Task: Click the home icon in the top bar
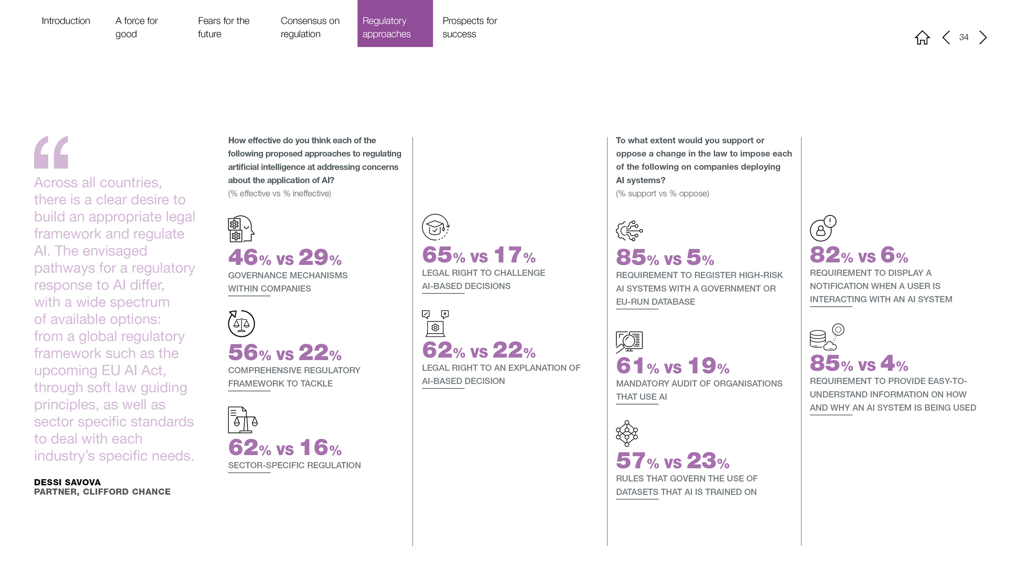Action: pyautogui.click(x=922, y=38)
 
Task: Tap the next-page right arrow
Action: pyautogui.click(x=983, y=38)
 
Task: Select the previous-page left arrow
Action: pyautogui.click(x=946, y=38)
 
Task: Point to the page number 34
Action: pyautogui.click(x=964, y=37)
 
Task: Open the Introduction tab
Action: pyautogui.click(x=66, y=21)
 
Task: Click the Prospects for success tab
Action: pyautogui.click(x=470, y=27)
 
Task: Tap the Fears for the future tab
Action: pyautogui.click(x=223, y=27)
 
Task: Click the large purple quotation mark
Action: pyautogui.click(x=51, y=152)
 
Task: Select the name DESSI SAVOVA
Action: pyautogui.click(x=67, y=482)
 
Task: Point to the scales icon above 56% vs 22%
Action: pyautogui.click(x=241, y=323)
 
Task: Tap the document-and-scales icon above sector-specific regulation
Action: pyautogui.click(x=243, y=420)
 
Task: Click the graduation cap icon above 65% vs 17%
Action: pyautogui.click(x=435, y=227)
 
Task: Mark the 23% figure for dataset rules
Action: pyautogui.click(x=708, y=461)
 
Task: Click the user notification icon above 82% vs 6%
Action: pyautogui.click(x=823, y=228)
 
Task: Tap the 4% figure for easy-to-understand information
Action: pyautogui.click(x=894, y=363)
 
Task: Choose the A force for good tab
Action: pyautogui.click(x=136, y=27)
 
